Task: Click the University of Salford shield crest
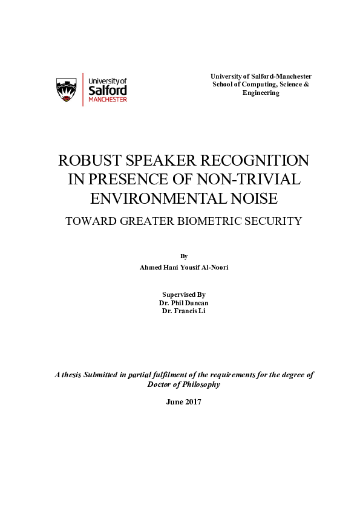[66, 89]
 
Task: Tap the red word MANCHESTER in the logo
[108, 100]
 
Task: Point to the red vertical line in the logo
[83, 89]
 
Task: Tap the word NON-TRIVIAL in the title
[258, 180]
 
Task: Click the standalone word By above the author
[184, 256]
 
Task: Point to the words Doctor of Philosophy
[184, 384]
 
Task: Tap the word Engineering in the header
[261, 93]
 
